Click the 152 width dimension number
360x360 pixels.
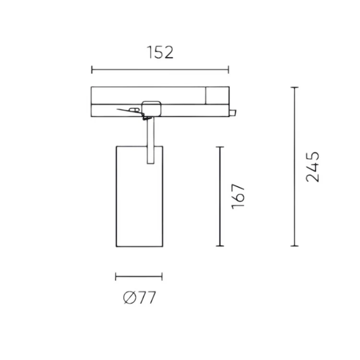pyautogui.click(x=160, y=52)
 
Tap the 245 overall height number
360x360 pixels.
pyautogui.click(x=312, y=167)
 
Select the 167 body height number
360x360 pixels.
pyautogui.click(x=238, y=196)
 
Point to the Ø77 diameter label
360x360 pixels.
pyautogui.click(x=140, y=298)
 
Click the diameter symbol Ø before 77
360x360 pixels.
pyautogui.click(x=129, y=298)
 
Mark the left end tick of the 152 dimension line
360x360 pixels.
pyautogui.click(x=92, y=70)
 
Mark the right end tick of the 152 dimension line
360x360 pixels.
pyautogui.click(x=228, y=70)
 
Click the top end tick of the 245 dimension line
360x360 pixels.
pyautogui.click(x=295, y=87)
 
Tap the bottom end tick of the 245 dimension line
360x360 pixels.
pyautogui.click(x=295, y=246)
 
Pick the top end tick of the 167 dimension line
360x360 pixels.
pyautogui.click(x=220, y=147)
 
